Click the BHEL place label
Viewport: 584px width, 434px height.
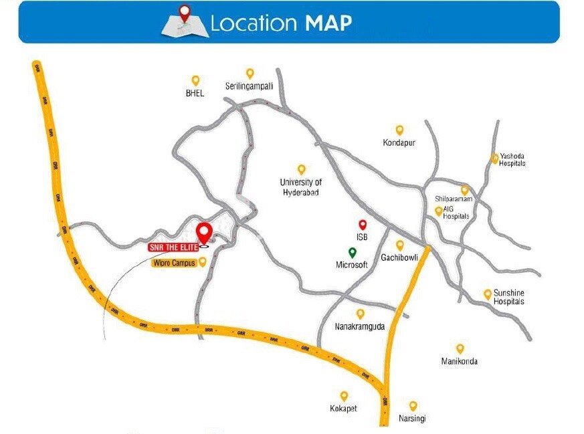[195, 94]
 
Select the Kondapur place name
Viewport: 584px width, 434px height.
[399, 143]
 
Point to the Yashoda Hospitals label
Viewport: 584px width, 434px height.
[512, 159]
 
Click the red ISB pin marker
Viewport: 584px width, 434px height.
[363, 225]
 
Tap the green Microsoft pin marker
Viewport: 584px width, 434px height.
[353, 253]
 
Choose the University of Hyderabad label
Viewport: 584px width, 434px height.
[300, 187]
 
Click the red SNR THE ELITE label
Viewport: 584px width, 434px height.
[173, 247]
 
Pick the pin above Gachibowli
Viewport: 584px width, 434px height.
[400, 245]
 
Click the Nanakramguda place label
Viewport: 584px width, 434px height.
[360, 327]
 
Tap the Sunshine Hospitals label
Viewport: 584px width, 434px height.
[508, 298]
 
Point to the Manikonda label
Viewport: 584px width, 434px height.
[460, 362]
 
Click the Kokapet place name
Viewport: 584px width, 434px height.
[344, 409]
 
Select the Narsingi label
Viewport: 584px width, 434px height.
[413, 419]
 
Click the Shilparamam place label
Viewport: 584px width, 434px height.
[454, 199]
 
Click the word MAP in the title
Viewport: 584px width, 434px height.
[328, 23]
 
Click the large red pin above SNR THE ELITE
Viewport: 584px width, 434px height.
[205, 233]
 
